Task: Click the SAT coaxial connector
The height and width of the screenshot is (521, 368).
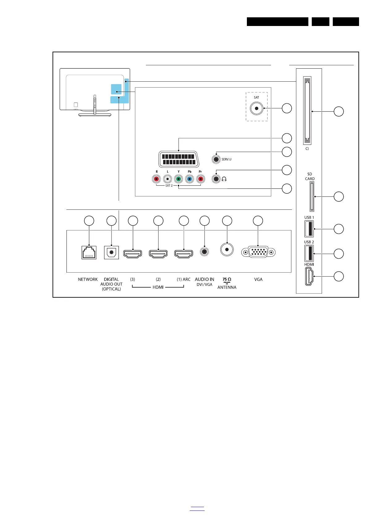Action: [x=256, y=108]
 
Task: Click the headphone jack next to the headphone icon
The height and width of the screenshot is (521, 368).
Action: [x=216, y=179]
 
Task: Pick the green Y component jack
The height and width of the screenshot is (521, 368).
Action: [x=178, y=179]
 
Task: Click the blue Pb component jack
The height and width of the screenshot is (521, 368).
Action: [x=189, y=179]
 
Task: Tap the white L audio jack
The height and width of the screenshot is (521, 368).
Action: [x=167, y=179]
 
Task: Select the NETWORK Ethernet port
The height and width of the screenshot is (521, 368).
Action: [x=89, y=252]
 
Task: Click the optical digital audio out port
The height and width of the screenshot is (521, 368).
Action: [x=111, y=252]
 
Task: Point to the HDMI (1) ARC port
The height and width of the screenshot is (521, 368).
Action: [x=184, y=254]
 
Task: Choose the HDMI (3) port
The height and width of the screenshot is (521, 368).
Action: [x=133, y=254]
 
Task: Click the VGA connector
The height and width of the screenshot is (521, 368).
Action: [x=258, y=252]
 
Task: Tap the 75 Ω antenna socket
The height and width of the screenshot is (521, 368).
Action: [x=227, y=249]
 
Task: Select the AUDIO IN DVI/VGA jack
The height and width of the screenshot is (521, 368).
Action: [x=204, y=251]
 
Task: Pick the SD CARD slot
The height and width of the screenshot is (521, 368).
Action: [x=311, y=197]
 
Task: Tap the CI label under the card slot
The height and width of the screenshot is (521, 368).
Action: [x=307, y=149]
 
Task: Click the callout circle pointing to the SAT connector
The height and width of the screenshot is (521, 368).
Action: [x=287, y=108]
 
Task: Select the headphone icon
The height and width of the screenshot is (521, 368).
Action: [x=224, y=179]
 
